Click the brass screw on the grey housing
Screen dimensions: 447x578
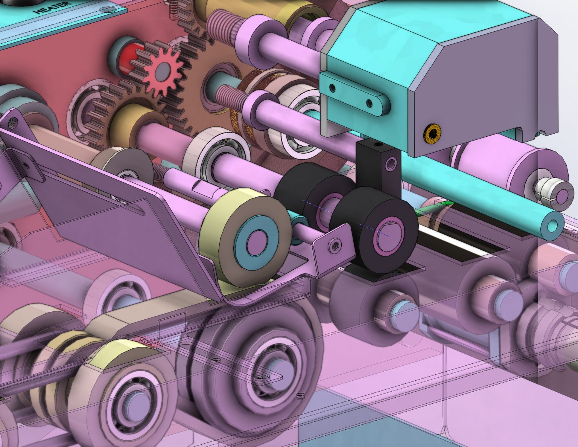pyautogui.click(x=433, y=133)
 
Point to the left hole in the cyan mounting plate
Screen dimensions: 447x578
pyautogui.click(x=332, y=88)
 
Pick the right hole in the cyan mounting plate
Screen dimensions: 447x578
pyautogui.click(x=369, y=102)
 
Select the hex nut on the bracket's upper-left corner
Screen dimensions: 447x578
pyautogui.click(x=12, y=121)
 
